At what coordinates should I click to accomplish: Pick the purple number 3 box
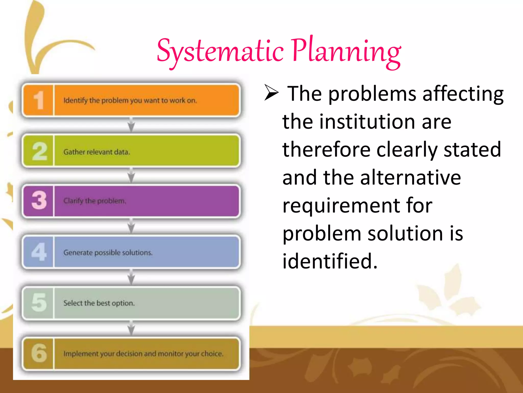click(39, 201)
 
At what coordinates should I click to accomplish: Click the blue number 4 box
click(39, 252)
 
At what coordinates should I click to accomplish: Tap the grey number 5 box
click(39, 303)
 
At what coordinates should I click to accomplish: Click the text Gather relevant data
click(97, 152)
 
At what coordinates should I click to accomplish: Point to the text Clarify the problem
click(94, 201)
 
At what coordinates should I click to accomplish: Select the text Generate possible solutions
click(108, 253)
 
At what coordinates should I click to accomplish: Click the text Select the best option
click(99, 303)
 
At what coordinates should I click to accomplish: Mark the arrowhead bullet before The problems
click(271, 92)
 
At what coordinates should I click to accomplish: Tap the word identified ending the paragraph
click(330, 261)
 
